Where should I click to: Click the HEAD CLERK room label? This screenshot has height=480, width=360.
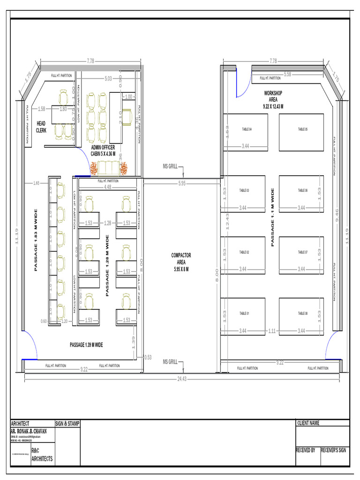point(41,126)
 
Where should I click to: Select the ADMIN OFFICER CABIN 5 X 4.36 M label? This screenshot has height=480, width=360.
point(103,150)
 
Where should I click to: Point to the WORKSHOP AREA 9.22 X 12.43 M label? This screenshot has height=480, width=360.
point(273,100)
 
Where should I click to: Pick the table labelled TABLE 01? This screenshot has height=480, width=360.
point(244,316)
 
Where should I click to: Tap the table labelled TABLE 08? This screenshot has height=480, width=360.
point(302,316)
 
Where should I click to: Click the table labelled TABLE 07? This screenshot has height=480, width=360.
point(302,255)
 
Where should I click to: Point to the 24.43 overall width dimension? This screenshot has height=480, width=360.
point(182,379)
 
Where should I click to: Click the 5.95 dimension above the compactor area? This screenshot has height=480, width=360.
point(182,183)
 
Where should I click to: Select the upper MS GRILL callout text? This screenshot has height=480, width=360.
point(170,167)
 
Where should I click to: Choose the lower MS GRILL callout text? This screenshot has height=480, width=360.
point(170,361)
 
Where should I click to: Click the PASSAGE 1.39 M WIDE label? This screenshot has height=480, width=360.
point(86,345)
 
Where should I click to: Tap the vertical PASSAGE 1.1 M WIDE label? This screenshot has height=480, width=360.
point(272,217)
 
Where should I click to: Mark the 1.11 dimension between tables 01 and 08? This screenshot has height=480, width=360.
point(271,331)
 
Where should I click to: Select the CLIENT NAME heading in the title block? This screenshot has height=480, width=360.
point(308,423)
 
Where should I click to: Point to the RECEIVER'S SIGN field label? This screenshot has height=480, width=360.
point(333,450)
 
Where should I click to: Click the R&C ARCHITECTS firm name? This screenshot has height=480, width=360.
point(42,455)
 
